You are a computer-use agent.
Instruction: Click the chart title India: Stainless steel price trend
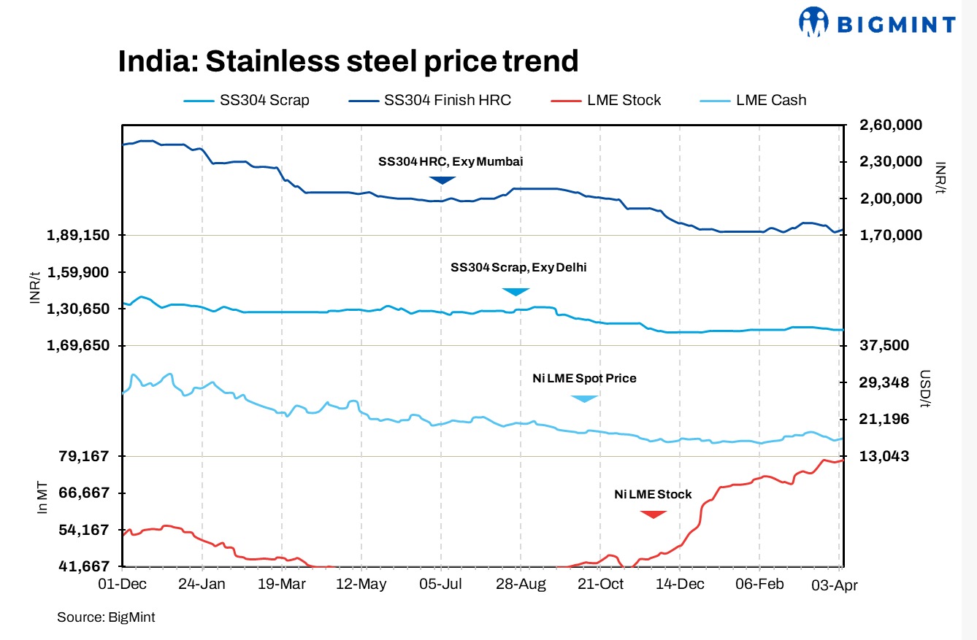click(x=348, y=61)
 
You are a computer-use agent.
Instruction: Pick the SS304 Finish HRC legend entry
click(x=429, y=100)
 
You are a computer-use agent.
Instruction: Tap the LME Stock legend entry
click(x=606, y=100)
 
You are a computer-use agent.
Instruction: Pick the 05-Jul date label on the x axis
click(x=440, y=585)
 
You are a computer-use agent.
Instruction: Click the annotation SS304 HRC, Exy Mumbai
click(x=450, y=161)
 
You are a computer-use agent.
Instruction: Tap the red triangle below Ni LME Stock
click(x=653, y=514)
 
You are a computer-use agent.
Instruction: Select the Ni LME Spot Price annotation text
click(x=583, y=378)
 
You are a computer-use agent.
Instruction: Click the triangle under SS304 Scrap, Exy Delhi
click(x=516, y=292)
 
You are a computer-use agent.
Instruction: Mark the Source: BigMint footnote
click(x=106, y=617)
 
